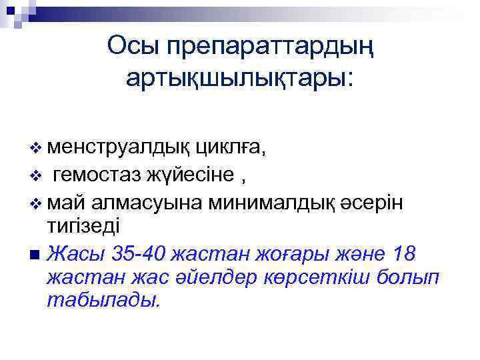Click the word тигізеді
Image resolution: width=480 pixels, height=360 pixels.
(83, 226)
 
